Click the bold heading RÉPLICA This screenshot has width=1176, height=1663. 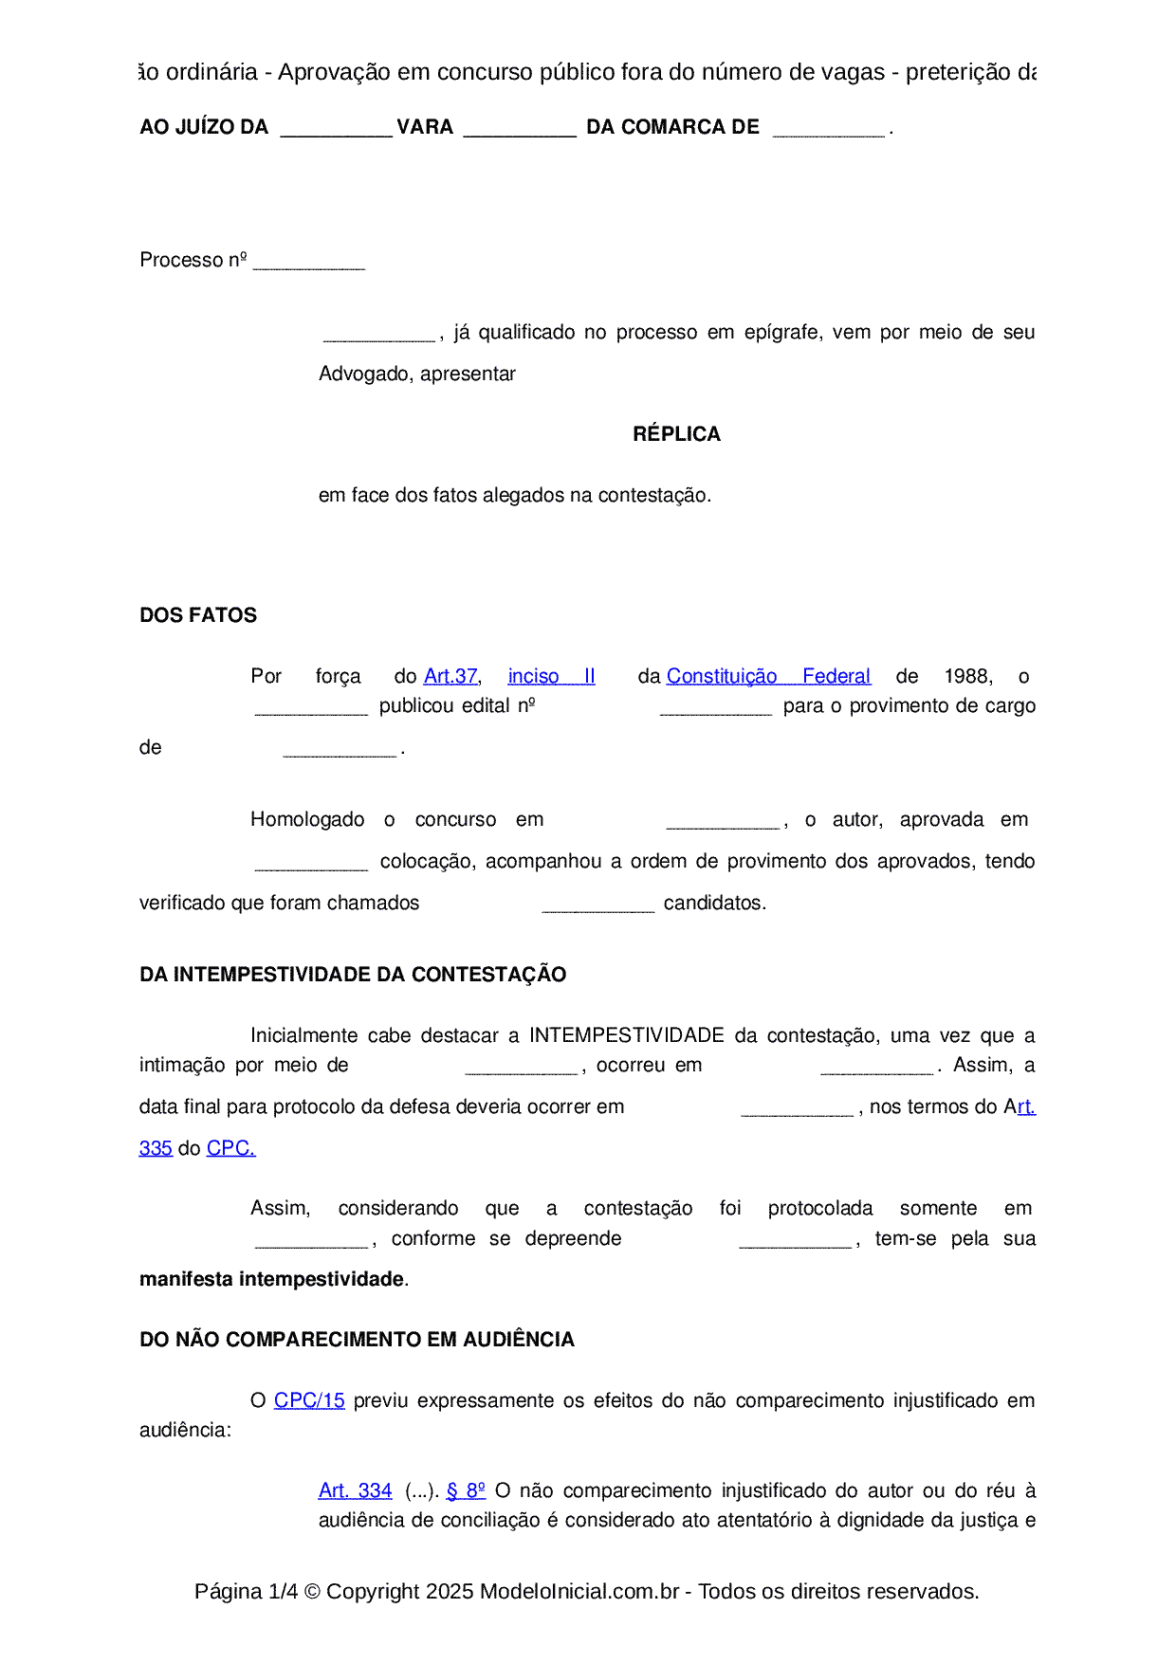point(676,434)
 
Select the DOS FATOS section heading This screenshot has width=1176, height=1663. point(198,615)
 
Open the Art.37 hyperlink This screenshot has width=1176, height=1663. point(450,676)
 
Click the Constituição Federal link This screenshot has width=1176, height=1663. point(768,676)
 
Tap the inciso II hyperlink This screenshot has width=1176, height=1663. point(551,676)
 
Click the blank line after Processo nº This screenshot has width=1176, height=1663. point(309,263)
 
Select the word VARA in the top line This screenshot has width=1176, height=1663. point(425,127)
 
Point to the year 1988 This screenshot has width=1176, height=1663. point(968,676)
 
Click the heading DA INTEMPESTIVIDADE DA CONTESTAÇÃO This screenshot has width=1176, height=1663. point(353,975)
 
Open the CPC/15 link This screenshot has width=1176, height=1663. point(309,1400)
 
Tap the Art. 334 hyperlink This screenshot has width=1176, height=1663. point(355,1490)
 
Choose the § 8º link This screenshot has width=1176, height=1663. point(466,1490)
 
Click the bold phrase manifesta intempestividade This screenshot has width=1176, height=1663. point(272,1279)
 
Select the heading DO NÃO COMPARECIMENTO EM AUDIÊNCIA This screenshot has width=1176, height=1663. point(357,1340)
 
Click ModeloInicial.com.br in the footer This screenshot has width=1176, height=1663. point(579,1591)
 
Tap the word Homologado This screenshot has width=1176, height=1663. point(307,819)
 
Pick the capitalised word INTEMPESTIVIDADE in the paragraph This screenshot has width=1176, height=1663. point(627,1035)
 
